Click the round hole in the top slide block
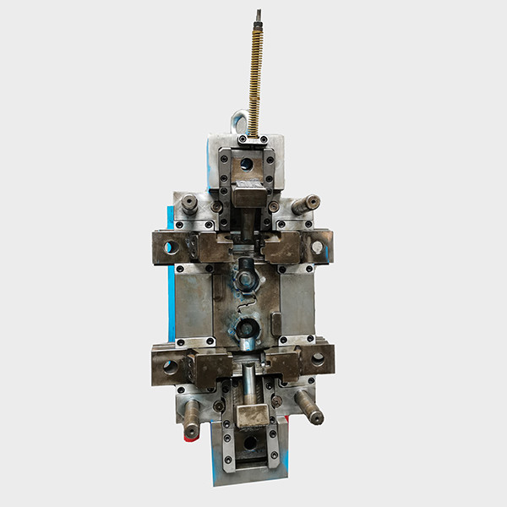tap(246, 164)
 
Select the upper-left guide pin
tap(189, 203)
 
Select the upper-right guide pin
tap(306, 204)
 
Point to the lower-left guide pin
tap(192, 418)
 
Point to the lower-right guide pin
tap(308, 408)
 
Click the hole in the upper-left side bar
tap(171, 248)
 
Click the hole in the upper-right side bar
tap(318, 248)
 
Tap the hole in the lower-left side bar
tap(171, 367)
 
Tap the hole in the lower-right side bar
tap(318, 358)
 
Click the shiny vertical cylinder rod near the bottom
tap(249, 384)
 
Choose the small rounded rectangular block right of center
tap(275, 324)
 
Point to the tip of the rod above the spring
tap(259, 14)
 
